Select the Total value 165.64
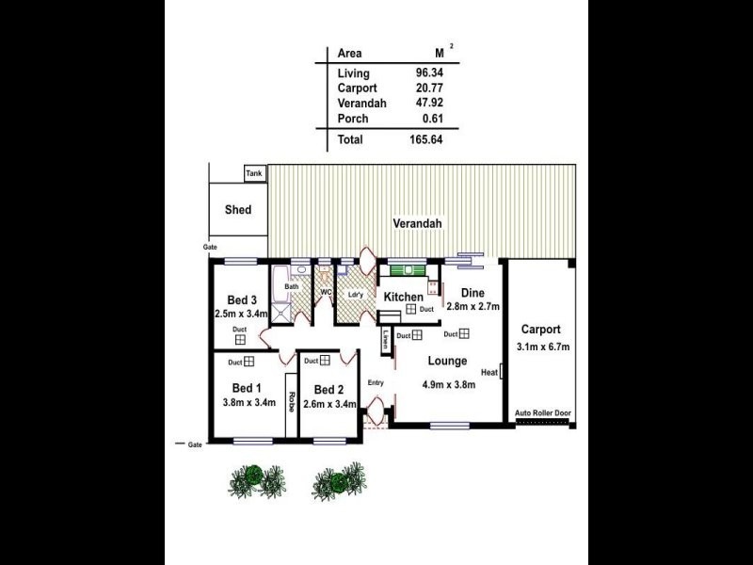pos(426,139)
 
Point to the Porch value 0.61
pos(433,119)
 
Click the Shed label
pos(238,210)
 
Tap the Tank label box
pos(254,174)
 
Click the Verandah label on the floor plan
pos(417,224)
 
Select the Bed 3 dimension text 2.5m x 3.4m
pos(242,314)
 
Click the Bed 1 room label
pos(247,388)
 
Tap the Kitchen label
pos(403,298)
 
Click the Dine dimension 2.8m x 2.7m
pos(472,307)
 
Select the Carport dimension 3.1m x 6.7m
pos(543,347)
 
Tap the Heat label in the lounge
pos(489,373)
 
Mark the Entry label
pos(376,382)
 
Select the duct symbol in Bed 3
pos(240,340)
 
